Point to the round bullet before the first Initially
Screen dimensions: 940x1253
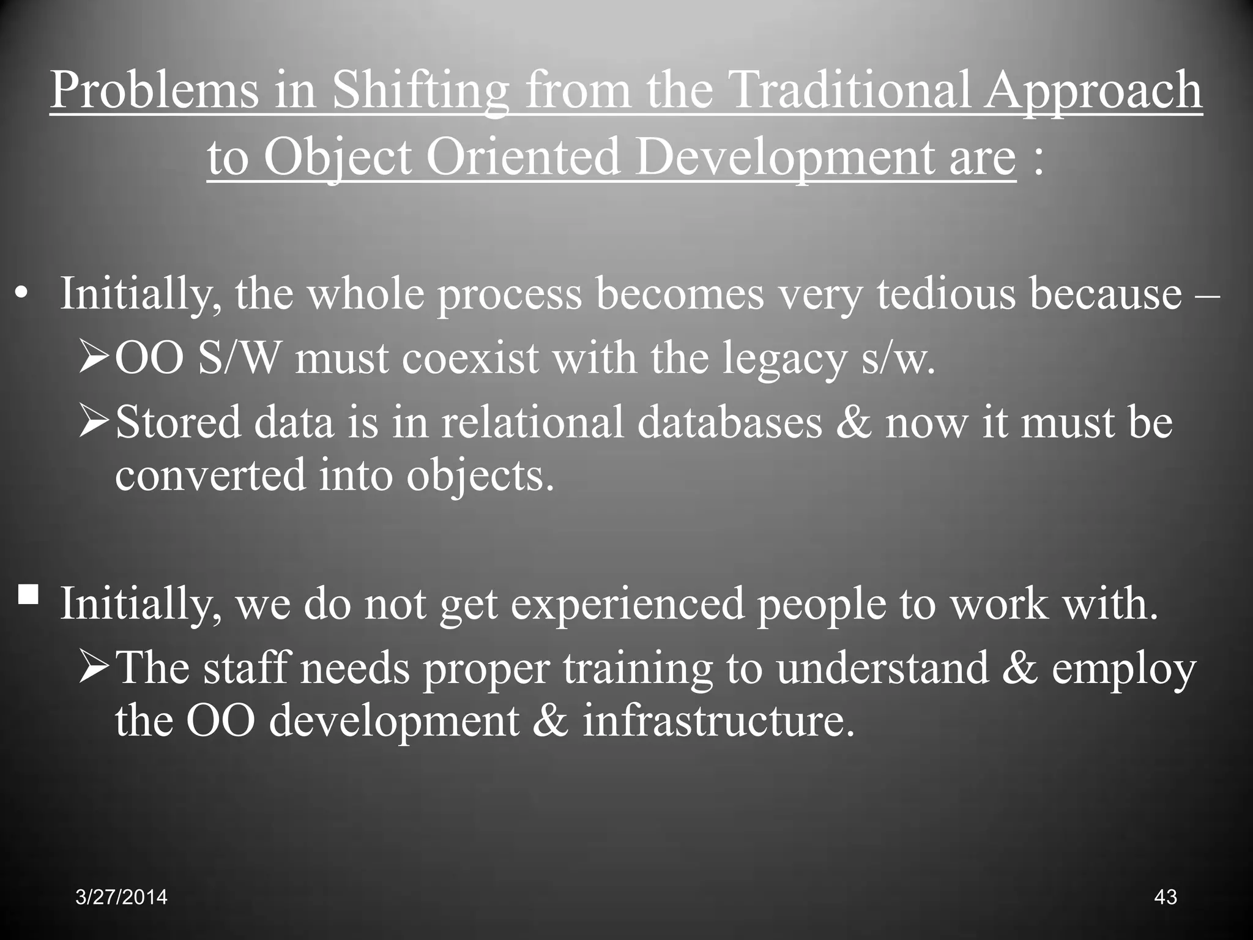coord(23,296)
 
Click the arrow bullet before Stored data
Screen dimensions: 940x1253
coord(94,423)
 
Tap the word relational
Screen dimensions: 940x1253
coord(532,423)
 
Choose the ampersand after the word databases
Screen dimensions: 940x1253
coord(853,423)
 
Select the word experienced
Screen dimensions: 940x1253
coord(627,605)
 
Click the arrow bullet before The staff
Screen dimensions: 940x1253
coord(94,668)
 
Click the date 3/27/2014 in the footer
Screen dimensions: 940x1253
coord(121,897)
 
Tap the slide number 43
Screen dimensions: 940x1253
coord(1165,897)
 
